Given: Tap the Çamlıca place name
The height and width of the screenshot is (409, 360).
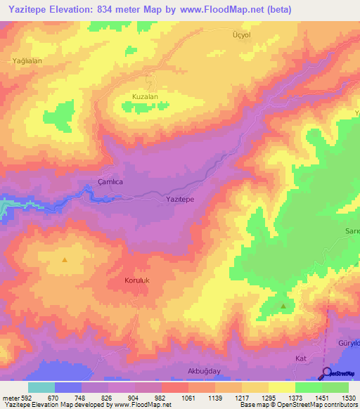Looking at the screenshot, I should (109, 181).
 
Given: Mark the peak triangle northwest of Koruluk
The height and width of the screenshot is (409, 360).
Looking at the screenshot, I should (65, 259).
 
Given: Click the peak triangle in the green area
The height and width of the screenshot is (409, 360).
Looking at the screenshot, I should (283, 306).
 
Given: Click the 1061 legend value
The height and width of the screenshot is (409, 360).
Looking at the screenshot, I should (188, 398).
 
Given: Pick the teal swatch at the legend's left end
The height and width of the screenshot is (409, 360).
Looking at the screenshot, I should (41, 387).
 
